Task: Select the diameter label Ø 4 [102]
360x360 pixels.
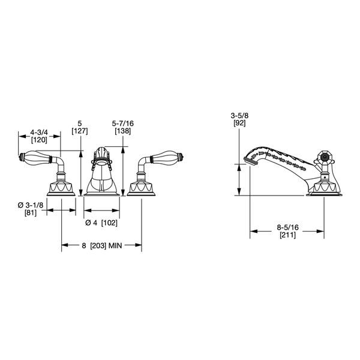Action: click(x=101, y=223)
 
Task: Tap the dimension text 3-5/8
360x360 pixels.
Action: click(x=241, y=114)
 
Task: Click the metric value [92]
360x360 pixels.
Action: click(x=241, y=122)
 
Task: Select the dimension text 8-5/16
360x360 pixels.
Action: click(x=288, y=228)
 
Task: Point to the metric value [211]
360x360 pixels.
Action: click(x=288, y=236)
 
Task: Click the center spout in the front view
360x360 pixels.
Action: click(x=101, y=171)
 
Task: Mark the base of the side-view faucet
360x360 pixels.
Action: click(x=326, y=190)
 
